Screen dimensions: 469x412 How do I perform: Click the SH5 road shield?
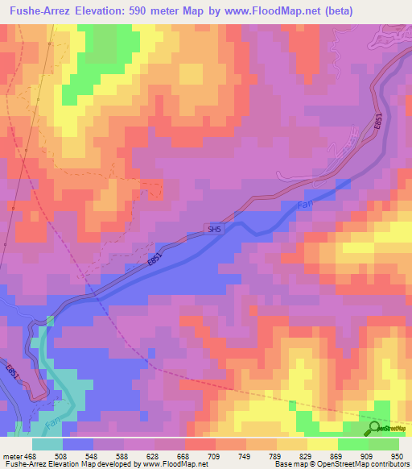pyautogui.click(x=213, y=229)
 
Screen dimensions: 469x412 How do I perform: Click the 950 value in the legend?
pyautogui.click(x=396, y=455)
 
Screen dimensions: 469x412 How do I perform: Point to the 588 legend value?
pyautogui.click(x=122, y=455)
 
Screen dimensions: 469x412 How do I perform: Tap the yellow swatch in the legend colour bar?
pyautogui.click(x=322, y=444)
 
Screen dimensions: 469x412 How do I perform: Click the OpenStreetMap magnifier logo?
pyautogui.click(x=374, y=430)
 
